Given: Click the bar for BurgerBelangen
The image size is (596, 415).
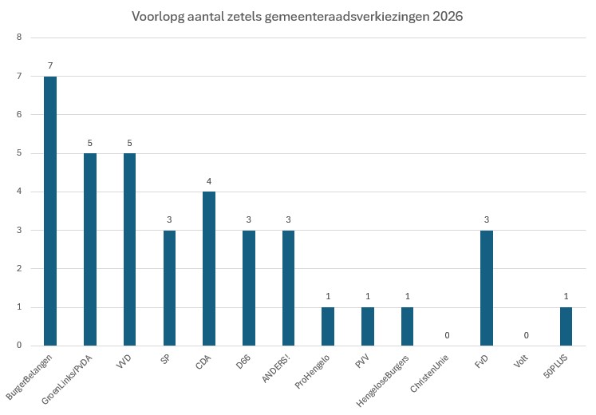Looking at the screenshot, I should point(50,211).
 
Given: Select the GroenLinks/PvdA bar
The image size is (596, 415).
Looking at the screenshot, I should point(89,249).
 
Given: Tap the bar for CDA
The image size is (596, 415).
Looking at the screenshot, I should point(209,268).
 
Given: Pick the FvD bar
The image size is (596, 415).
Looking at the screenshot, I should point(487,287).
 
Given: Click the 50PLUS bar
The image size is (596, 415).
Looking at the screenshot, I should point(566,326).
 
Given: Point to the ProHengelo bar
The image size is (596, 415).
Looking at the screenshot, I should point(328,326).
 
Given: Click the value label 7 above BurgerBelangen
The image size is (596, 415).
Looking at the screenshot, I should point(50,65).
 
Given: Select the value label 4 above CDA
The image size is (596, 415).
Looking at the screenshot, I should point(209,181).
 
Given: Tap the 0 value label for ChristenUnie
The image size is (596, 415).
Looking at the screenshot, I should point(447,335).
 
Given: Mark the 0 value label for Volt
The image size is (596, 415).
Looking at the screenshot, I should point(527,335).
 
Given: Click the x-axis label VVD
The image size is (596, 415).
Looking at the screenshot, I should point(123,362).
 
